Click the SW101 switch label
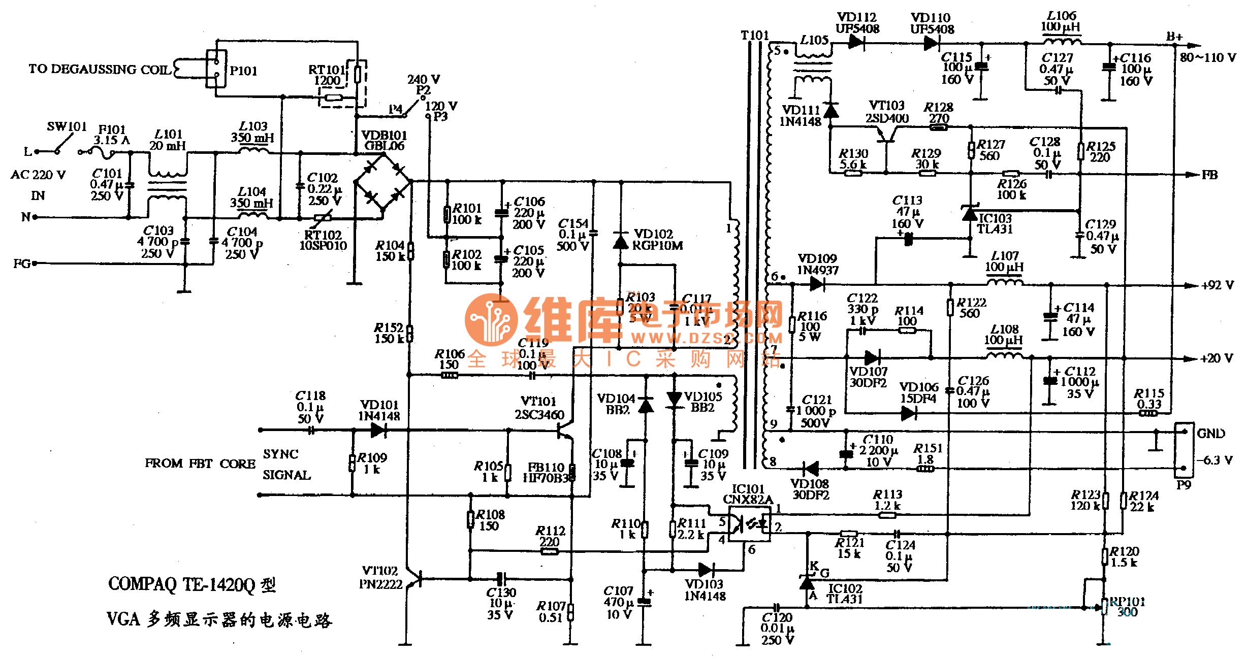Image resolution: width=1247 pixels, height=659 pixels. point(67,126)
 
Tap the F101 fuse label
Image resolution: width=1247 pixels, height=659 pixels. point(112,130)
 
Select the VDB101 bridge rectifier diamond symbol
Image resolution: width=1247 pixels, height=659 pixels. point(383,181)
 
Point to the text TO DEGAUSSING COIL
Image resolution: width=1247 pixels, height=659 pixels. point(100,69)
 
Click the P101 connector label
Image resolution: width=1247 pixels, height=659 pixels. point(243,71)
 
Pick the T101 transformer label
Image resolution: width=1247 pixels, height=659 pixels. point(755,36)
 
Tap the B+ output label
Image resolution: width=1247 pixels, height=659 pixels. point(1174,37)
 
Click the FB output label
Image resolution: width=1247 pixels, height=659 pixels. point(1209,175)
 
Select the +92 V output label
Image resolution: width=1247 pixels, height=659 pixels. point(1217,285)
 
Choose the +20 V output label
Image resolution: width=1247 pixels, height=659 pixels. point(1217,358)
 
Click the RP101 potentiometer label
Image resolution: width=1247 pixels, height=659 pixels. point(1127,602)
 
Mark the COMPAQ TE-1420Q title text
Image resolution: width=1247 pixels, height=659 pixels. point(191,584)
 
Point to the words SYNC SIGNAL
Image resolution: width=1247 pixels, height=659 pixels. point(286,465)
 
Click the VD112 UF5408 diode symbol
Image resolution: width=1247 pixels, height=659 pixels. point(856,43)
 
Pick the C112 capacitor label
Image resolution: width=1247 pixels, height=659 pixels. point(1080,372)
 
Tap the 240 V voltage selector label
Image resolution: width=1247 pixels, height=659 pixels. point(423,80)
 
